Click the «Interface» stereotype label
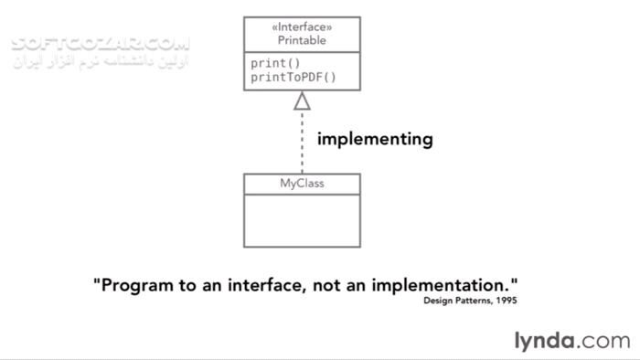pos(301,26)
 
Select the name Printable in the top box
pos(301,41)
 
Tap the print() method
pos(276,63)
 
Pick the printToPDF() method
pos(293,77)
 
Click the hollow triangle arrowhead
pos(302,101)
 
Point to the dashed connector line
pos(302,142)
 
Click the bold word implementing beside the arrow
pos(374,139)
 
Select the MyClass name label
pos(302,184)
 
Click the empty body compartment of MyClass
pos(302,220)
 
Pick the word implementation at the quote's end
pos(446,285)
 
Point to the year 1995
pos(516,300)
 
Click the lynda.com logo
pos(571,342)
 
